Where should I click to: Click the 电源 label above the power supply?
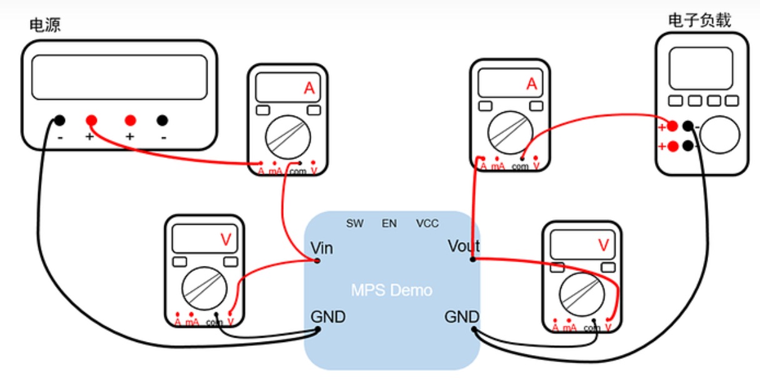click(x=45, y=26)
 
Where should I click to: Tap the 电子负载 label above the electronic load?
click(x=699, y=21)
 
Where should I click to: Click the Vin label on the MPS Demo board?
click(x=322, y=248)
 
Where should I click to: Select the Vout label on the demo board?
click(x=464, y=246)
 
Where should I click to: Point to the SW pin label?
click(x=354, y=223)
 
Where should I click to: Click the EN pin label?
click(x=389, y=223)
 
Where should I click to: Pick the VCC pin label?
click(x=427, y=223)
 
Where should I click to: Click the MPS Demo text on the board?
click(x=391, y=290)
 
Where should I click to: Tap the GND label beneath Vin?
click(x=328, y=317)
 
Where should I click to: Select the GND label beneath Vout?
click(x=462, y=317)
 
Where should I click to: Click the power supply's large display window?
click(x=119, y=77)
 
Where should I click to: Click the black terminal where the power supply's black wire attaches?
click(x=59, y=120)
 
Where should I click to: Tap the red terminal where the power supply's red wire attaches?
click(x=91, y=120)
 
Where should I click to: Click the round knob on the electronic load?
click(x=719, y=134)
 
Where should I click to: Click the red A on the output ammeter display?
click(x=532, y=84)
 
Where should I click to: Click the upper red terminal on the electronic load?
click(x=672, y=126)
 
